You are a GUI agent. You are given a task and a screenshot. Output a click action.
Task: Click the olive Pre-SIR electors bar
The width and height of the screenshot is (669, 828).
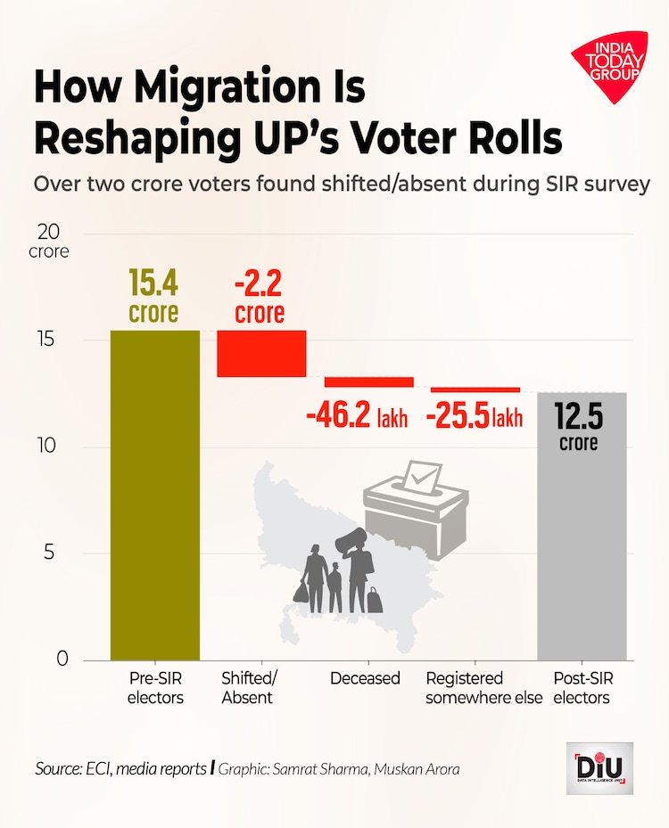155,495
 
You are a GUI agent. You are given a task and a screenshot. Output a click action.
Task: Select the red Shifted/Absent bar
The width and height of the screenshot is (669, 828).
262,353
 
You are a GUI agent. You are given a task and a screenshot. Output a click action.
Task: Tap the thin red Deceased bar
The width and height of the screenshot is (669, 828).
368,381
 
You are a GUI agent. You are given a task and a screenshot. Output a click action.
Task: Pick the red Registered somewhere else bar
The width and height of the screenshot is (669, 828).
475,389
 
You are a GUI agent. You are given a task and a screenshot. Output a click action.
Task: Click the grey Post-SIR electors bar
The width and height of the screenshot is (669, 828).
582,526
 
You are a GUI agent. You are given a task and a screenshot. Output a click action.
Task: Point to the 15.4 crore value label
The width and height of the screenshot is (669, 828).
153,297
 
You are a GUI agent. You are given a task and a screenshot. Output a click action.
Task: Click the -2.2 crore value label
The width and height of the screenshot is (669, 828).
260,297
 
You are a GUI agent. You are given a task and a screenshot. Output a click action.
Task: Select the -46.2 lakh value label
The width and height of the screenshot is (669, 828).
357,416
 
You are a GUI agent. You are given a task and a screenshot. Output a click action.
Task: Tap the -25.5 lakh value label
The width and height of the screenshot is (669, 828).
474,416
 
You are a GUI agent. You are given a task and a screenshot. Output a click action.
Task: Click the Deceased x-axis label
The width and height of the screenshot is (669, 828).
365,679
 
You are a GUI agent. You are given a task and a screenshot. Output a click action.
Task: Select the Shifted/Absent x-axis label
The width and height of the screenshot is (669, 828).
248,688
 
